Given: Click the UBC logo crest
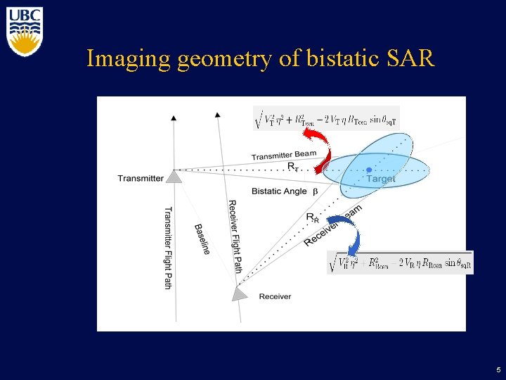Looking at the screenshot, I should (25, 32).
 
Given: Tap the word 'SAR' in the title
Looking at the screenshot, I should (410, 58).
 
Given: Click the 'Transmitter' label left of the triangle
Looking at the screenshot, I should (141, 178).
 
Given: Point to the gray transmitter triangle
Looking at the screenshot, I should (174, 176).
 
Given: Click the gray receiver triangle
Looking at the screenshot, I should (240, 293).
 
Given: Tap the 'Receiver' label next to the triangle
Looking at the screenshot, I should (275, 296).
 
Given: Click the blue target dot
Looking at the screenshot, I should (369, 170).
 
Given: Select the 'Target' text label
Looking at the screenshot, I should (380, 179).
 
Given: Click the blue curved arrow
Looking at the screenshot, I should (347, 232).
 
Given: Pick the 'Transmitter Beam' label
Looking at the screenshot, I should (284, 155).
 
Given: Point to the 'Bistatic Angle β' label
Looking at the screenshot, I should (285, 191).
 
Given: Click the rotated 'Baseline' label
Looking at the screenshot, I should (202, 239).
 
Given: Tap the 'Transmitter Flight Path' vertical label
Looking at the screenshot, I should (168, 247).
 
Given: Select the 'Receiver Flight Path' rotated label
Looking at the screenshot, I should (235, 236).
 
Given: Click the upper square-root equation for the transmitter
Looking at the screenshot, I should (326, 119).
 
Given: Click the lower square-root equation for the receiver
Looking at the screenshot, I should (400, 263).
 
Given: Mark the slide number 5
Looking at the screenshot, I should (498, 369).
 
